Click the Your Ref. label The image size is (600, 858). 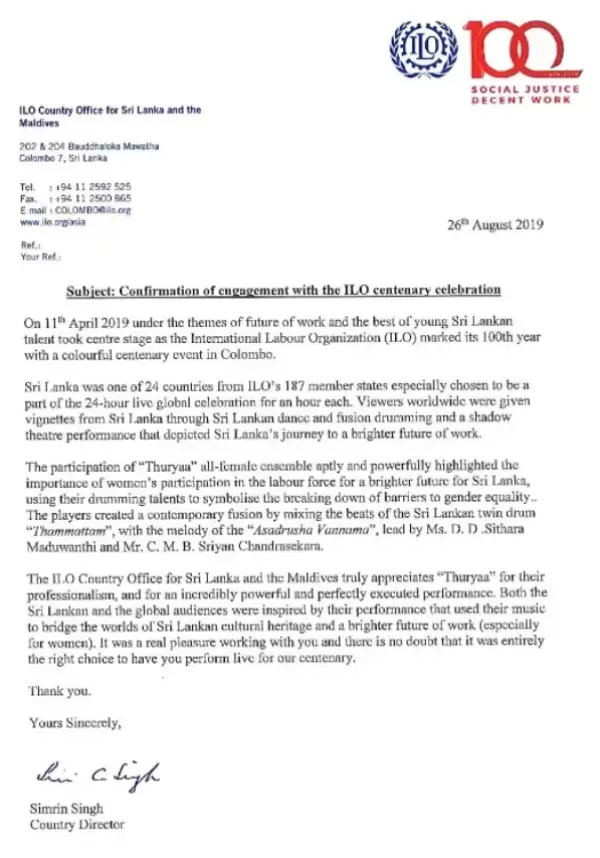39,255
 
